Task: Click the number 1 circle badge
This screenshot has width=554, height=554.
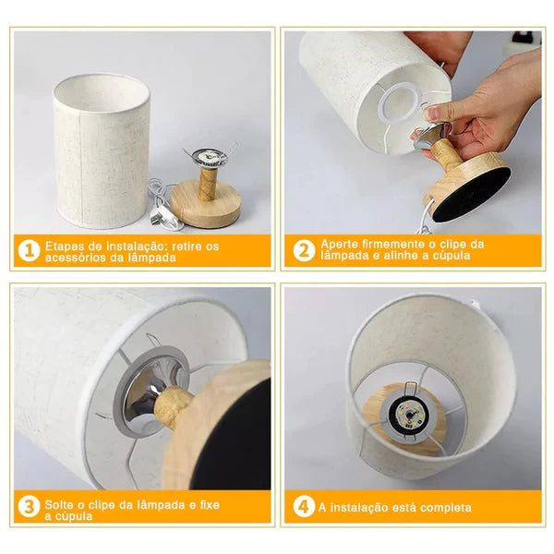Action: pos(27,251)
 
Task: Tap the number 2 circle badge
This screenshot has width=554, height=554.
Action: pos(304,251)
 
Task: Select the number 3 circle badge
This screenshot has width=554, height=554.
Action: pos(27,507)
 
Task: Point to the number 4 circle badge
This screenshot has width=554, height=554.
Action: pos(304,507)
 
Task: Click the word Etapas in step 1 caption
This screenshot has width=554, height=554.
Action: pos(65,246)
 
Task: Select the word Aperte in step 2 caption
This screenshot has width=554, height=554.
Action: pos(339,245)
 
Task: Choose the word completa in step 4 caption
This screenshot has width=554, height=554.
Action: pos(442,508)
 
